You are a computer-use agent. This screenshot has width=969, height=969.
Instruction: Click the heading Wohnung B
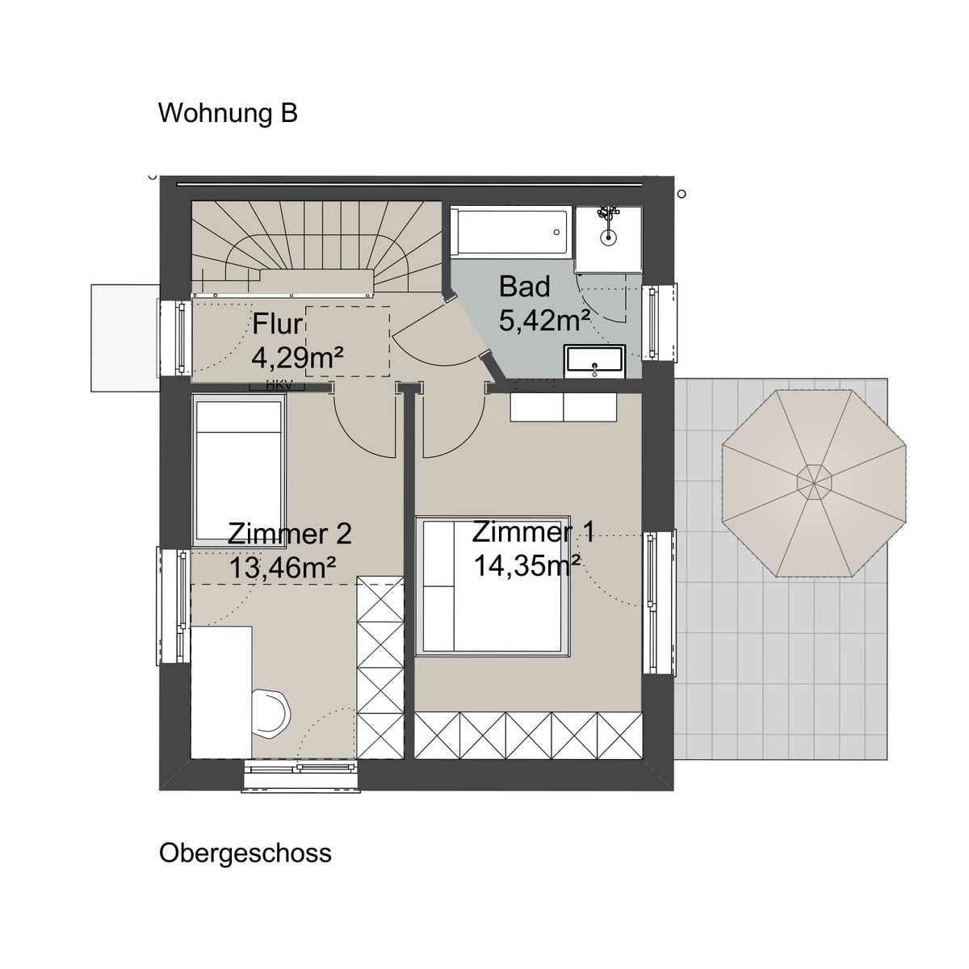[228, 113]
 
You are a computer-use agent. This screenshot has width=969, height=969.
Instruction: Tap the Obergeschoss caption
[245, 853]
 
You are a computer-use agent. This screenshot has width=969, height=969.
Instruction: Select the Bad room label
[524, 287]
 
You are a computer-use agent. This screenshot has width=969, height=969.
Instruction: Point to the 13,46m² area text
[283, 568]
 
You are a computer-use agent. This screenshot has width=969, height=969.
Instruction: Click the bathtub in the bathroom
[510, 233]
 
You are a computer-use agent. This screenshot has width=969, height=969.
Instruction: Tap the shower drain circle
[609, 237]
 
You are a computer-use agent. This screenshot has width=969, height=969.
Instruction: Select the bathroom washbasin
[594, 361]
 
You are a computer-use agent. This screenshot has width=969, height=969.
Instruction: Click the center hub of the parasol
[814, 483]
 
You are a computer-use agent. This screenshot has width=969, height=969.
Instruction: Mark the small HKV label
[276, 386]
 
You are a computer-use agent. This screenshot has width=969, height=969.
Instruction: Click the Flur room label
[277, 325]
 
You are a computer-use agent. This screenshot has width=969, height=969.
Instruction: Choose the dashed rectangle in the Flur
[347, 341]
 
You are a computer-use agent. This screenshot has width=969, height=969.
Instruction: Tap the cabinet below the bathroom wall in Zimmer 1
[563, 407]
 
